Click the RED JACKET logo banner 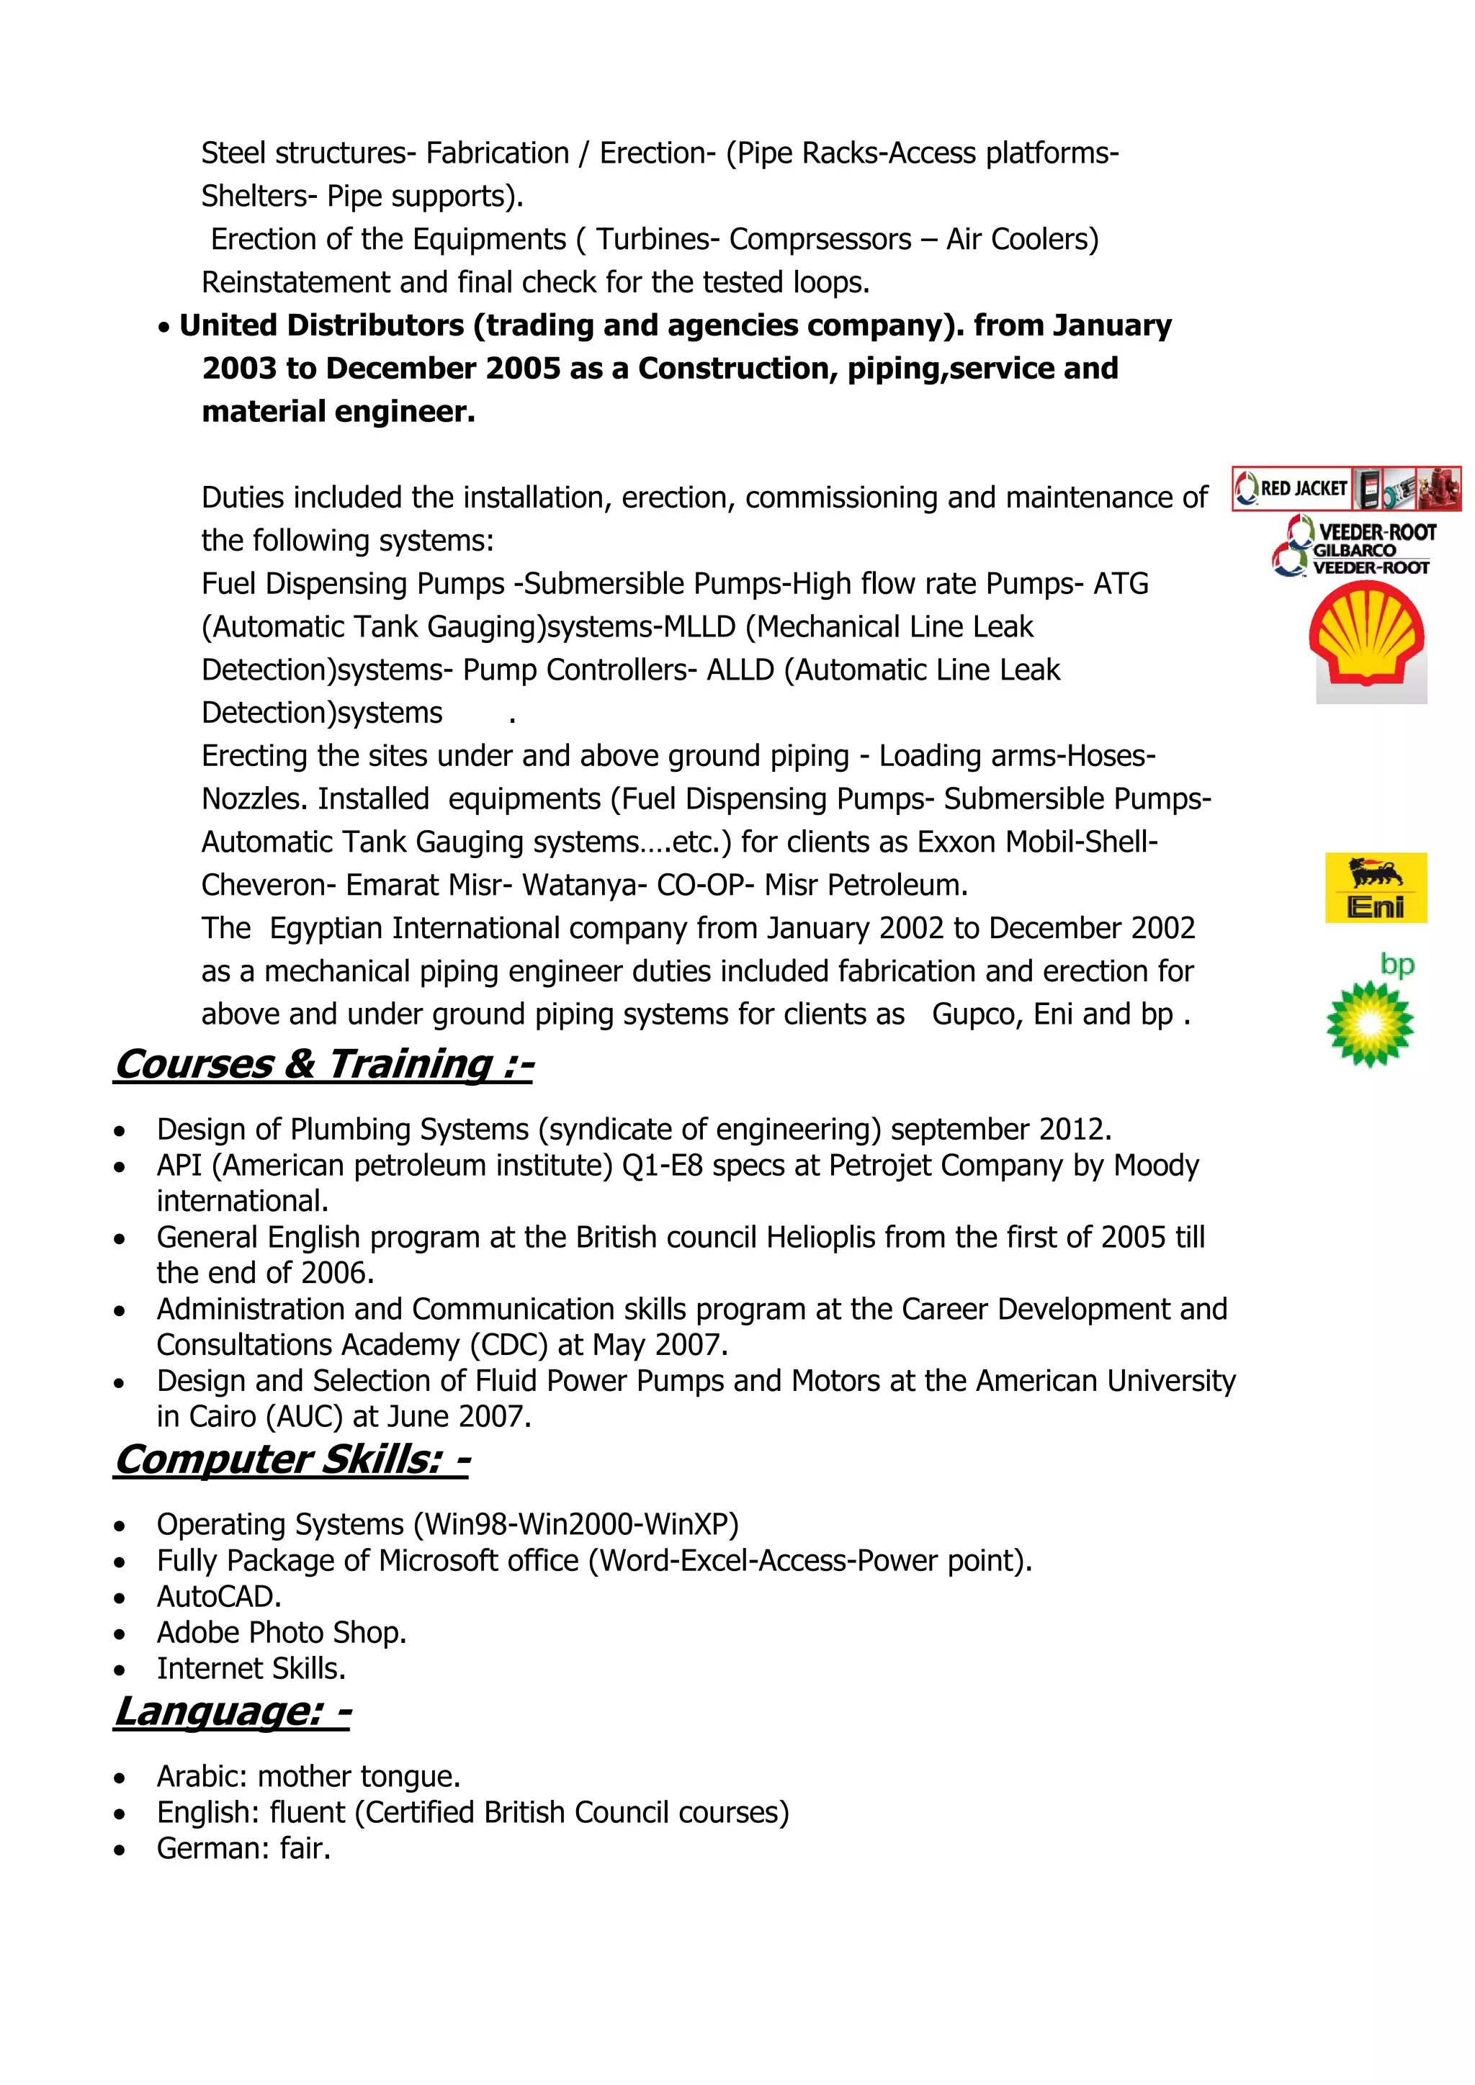pos(1345,489)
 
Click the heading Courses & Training pos(324,1064)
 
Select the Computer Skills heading pos(292,1460)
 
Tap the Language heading pos(233,1712)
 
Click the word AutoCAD pos(219,1596)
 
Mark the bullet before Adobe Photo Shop pos(120,1634)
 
